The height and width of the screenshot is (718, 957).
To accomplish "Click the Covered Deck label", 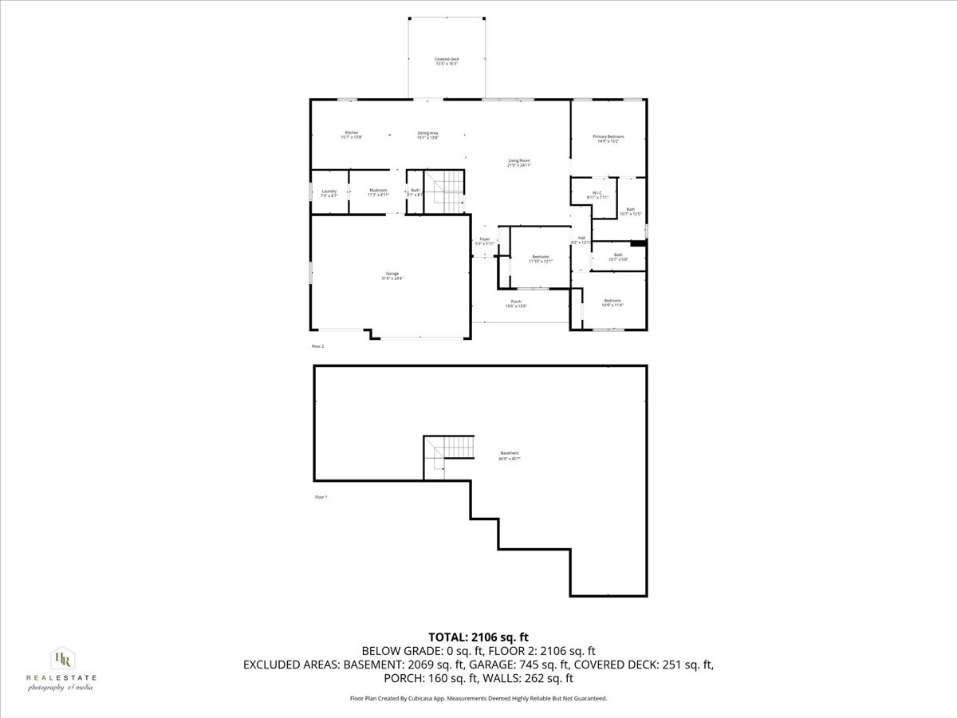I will coord(447,61).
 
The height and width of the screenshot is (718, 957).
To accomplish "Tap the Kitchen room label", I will coord(352,135).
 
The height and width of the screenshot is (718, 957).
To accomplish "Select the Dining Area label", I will coord(428,135).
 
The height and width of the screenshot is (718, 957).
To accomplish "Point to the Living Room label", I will coord(519,163).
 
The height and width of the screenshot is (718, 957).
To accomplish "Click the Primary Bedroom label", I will coord(608,139).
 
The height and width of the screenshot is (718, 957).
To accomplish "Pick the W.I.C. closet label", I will coord(597,195).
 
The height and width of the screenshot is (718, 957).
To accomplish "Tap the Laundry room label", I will coord(329,192).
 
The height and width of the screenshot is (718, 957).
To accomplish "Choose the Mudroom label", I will coord(378,192).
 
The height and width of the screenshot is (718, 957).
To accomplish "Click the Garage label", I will coord(392,276).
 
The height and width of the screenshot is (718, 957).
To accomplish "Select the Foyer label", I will coord(484,241).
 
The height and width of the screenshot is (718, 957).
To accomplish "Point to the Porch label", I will coord(516,303).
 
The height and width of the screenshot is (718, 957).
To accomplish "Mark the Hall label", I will coord(582,239).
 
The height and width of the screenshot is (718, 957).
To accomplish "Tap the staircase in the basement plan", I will coord(447,456).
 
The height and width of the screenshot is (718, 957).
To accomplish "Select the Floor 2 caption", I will coord(317,346).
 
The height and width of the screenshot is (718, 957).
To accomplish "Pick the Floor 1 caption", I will coord(321,497).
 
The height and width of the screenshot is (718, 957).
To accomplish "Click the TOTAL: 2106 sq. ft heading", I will coord(478,637).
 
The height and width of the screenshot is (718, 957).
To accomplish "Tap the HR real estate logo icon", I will coord(61,658).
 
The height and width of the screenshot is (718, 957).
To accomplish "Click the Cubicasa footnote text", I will coord(478,698).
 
